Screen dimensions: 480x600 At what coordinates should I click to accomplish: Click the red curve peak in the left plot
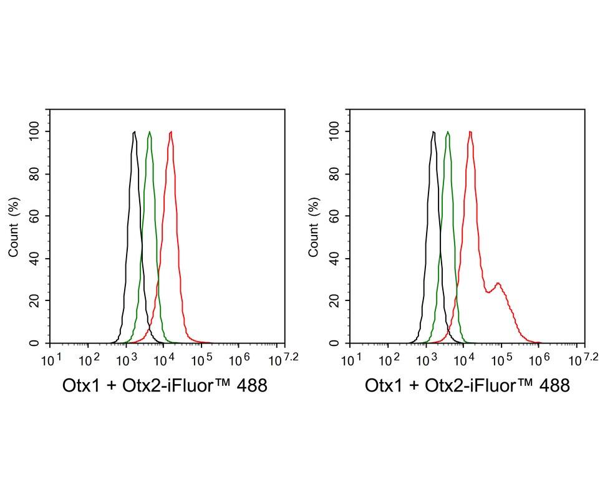[170, 132]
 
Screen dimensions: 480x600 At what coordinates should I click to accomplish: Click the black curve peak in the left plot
[134, 132]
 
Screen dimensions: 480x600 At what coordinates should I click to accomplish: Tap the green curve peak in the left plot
[149, 132]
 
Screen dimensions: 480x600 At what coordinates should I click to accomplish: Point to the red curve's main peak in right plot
[470, 132]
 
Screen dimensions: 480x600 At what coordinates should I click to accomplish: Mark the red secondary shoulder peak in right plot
[498, 284]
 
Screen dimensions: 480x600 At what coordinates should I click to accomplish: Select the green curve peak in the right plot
[448, 132]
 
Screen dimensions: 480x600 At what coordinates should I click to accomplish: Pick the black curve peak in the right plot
[433, 132]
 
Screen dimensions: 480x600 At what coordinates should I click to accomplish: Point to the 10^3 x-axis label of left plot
[127, 360]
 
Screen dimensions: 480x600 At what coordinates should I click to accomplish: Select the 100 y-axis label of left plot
[35, 132]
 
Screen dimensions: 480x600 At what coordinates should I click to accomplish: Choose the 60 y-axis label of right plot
[335, 216]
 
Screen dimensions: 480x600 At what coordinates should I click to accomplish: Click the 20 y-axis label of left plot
[35, 301]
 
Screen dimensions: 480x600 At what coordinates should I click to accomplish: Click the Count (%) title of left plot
[14, 227]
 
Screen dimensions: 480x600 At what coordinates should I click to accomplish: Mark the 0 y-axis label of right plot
[335, 343]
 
